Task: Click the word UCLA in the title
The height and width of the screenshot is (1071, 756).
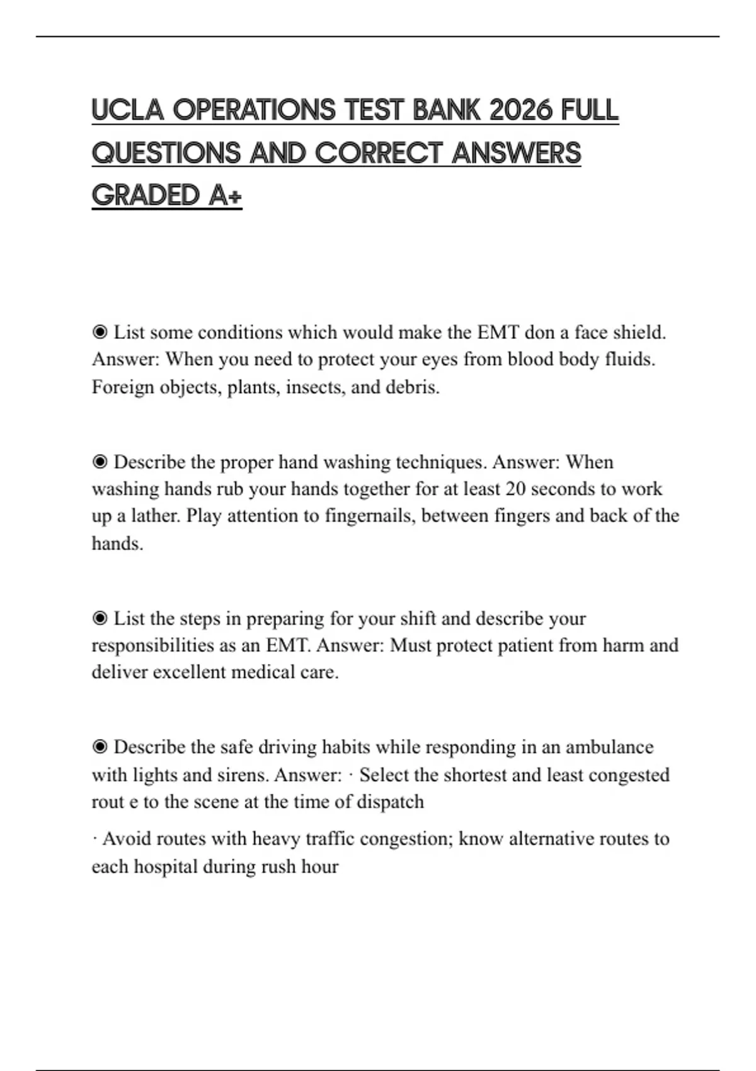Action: click(x=127, y=110)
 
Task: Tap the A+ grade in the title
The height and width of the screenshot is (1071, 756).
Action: click(x=225, y=195)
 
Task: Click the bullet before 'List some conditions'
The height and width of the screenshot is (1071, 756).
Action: click(x=100, y=332)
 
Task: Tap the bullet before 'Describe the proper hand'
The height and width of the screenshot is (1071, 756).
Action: click(x=100, y=462)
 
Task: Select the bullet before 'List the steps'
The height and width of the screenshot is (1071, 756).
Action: click(x=100, y=618)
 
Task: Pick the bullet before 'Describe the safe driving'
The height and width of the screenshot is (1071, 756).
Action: click(x=100, y=747)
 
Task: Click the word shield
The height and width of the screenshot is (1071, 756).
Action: click(x=639, y=332)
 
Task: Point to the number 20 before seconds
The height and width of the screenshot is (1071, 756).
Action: click(x=515, y=489)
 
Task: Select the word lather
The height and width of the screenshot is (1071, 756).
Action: click(x=156, y=516)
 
